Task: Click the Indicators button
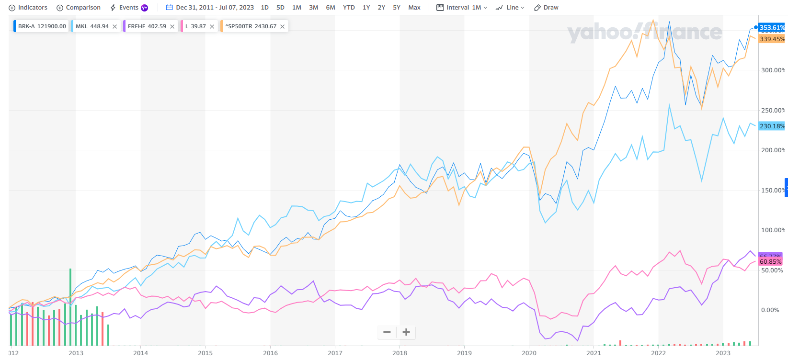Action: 28,8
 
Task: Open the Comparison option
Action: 79,8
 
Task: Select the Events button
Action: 128,8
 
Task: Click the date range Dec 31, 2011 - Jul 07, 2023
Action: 210,8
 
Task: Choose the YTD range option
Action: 349,8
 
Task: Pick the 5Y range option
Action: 397,8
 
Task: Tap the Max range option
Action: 414,8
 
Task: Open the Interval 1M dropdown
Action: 462,8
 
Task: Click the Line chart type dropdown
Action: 510,8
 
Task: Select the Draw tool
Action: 546,8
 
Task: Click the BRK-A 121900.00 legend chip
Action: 42,26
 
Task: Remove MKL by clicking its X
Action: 115,27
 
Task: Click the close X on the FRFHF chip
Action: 172,27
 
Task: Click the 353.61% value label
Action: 772,28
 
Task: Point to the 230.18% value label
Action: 772,126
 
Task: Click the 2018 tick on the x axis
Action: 400,353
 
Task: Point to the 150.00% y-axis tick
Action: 773,191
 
